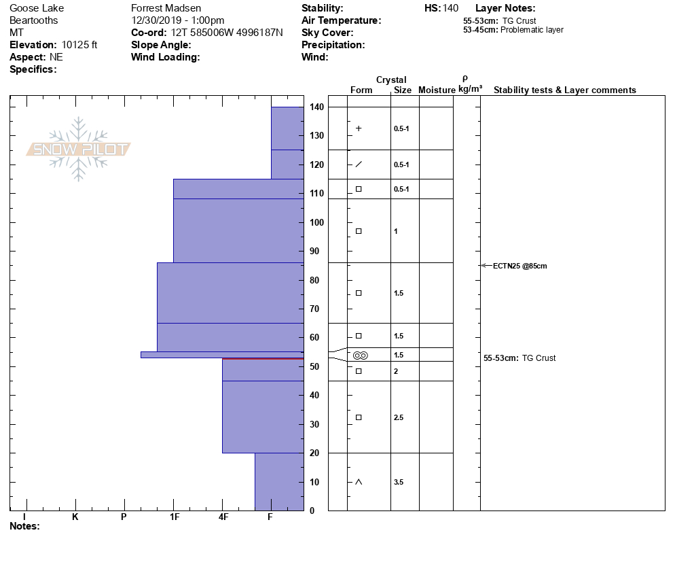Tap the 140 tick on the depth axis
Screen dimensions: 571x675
tap(316, 107)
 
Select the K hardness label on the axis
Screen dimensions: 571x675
tap(75, 517)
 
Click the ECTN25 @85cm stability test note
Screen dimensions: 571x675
tap(519, 266)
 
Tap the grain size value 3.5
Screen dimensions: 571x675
tap(399, 482)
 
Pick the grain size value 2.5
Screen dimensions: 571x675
tap(399, 417)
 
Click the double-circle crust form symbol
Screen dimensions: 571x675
tap(360, 355)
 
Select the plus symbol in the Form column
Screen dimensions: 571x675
tap(359, 128)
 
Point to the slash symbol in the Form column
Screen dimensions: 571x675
tap(359, 165)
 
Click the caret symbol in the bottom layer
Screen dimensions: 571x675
tap(359, 482)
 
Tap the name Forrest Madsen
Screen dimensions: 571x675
tap(166, 8)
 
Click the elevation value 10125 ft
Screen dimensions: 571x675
tap(79, 45)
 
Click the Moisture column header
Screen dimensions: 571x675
tap(437, 90)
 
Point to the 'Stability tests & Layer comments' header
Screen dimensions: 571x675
tap(564, 90)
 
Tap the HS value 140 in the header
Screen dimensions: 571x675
tap(450, 8)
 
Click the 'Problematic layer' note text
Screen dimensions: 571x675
tap(532, 30)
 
